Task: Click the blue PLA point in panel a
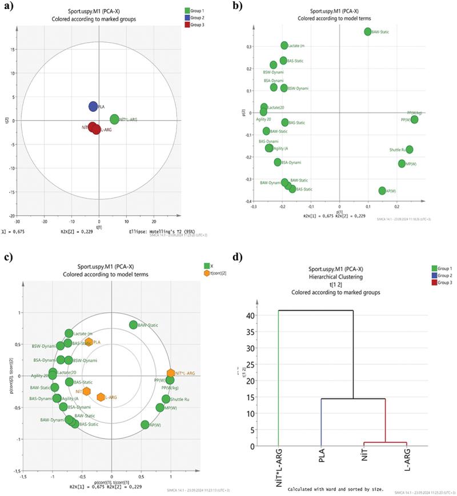(x=93, y=107)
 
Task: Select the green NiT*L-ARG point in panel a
(x=115, y=119)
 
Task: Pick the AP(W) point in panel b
(x=382, y=191)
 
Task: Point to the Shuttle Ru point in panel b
(x=409, y=150)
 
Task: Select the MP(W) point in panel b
(x=402, y=164)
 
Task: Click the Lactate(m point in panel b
(x=284, y=45)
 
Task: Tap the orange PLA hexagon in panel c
(x=89, y=342)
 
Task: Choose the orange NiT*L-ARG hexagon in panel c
(x=170, y=373)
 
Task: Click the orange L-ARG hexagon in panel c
(x=101, y=397)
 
